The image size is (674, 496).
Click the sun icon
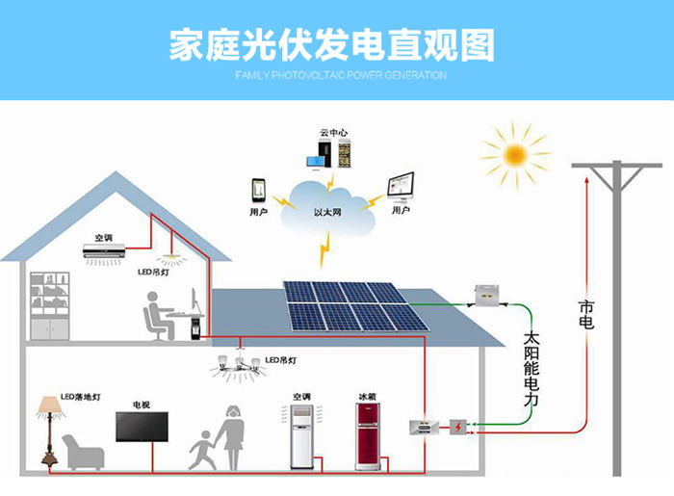514,153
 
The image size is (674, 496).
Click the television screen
142,427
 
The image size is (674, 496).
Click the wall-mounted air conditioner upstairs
103,253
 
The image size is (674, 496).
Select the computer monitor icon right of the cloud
402,184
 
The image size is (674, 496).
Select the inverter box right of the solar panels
486,293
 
